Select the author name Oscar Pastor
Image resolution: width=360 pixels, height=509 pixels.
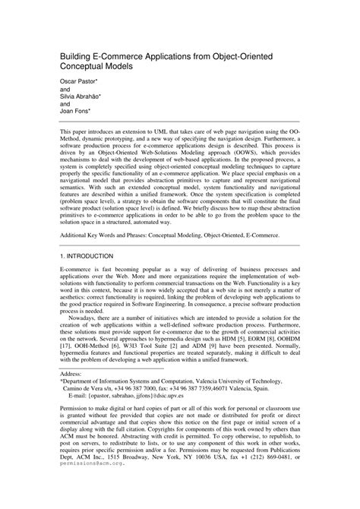pyautogui.click(x=79, y=82)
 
